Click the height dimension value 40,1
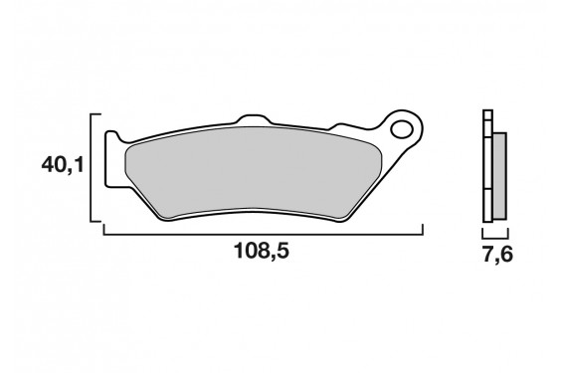coord(62,165)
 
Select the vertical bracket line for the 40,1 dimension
coord(92,166)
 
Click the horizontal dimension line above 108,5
coord(264,233)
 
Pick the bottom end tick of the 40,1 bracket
coord(97,220)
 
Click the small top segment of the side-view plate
coord(486,114)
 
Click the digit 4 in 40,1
coord(47,165)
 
